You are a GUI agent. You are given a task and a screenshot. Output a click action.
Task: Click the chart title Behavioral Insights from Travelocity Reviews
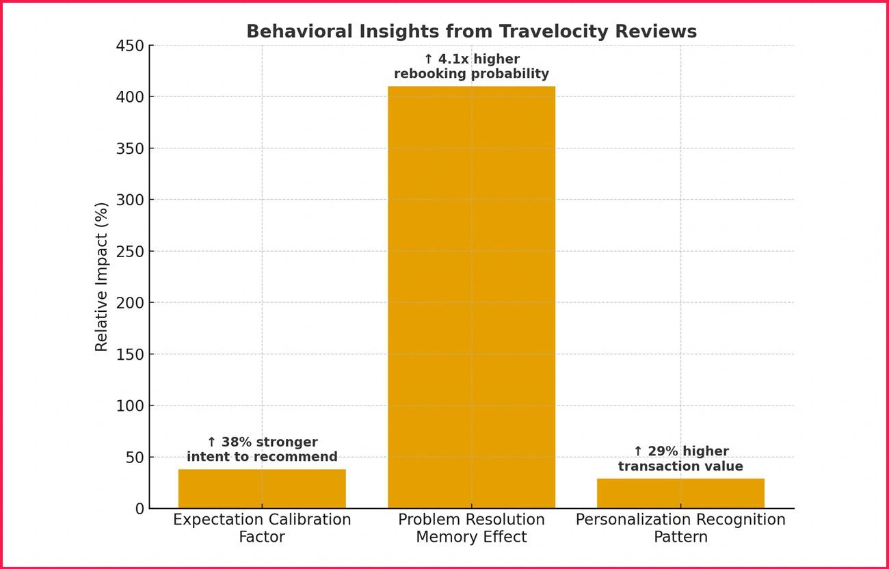point(471,31)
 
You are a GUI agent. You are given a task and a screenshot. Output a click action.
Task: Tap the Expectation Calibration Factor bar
point(262,488)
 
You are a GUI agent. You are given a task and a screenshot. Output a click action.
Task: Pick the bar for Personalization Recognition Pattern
point(680,493)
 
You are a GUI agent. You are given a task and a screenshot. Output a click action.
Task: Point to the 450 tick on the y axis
point(130,46)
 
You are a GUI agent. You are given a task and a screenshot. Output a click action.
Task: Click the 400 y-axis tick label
point(130,97)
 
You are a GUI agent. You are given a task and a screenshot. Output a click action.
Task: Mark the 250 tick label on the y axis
point(130,252)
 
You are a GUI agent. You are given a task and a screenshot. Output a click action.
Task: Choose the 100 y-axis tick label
point(130,406)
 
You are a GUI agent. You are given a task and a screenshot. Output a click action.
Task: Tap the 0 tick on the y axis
point(140,509)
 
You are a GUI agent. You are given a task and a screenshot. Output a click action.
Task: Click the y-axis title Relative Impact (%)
point(102,277)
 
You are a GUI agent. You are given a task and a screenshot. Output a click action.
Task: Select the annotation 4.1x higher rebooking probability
point(471,66)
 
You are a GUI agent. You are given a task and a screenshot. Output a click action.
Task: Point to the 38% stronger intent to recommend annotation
point(262,449)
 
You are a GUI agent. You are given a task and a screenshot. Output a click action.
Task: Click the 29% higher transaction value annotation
point(680,459)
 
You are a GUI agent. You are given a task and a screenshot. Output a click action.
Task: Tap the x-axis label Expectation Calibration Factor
point(262,528)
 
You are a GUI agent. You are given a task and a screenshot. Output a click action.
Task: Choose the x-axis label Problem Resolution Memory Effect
point(471,528)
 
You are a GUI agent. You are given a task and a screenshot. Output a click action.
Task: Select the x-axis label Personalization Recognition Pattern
point(680,528)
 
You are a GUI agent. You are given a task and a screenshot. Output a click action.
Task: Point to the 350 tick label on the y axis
point(130,148)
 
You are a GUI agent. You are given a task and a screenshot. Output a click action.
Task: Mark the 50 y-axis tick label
point(135,457)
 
